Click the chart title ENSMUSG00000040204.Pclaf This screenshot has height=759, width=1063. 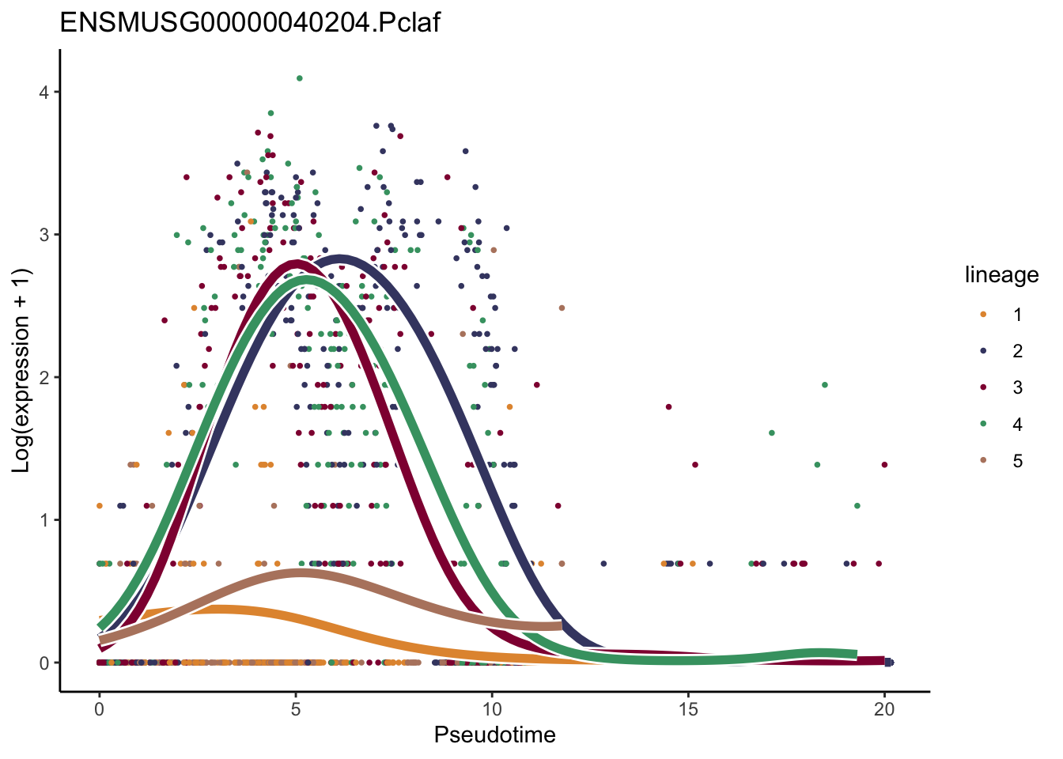[250, 22]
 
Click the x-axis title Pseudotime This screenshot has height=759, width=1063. [494, 735]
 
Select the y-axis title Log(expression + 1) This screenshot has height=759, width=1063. [21, 371]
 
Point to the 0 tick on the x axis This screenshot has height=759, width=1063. [99, 709]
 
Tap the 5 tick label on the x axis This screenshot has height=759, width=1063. [295, 709]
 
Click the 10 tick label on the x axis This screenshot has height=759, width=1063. [492, 709]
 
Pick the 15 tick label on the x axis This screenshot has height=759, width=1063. [688, 709]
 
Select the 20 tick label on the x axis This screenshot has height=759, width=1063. [884, 709]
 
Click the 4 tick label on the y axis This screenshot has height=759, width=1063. [44, 93]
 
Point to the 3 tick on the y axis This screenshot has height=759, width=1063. [44, 235]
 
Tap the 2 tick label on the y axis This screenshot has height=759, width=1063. [44, 378]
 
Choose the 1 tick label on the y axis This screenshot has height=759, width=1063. [44, 520]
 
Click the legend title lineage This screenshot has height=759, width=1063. [1001, 275]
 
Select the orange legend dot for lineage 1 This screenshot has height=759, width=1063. [983, 315]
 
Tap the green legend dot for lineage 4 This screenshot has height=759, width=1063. [983, 425]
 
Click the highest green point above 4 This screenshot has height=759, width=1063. [299, 78]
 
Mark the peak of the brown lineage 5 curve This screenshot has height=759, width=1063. [301, 572]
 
